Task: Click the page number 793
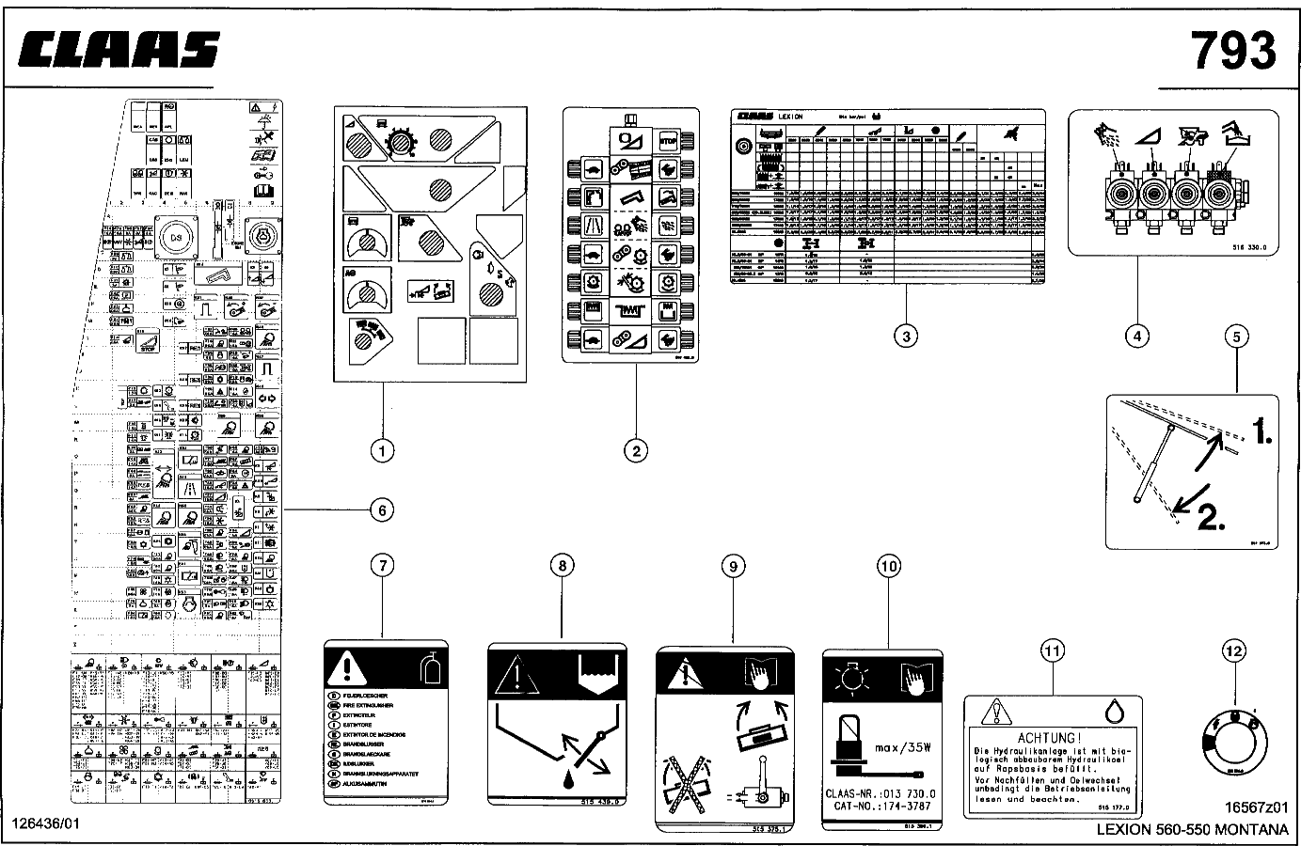[x=1234, y=50]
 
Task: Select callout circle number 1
[x=382, y=452]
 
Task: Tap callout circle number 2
[x=636, y=451]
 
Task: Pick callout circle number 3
[x=905, y=336]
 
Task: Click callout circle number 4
[x=1137, y=335]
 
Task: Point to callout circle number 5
[x=1236, y=336]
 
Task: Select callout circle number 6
[x=381, y=509]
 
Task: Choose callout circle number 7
[x=382, y=565]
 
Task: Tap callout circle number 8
[x=562, y=565]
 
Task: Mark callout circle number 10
[x=888, y=565]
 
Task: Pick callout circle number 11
[x=1052, y=650]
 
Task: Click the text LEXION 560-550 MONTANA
[x=1193, y=829]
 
